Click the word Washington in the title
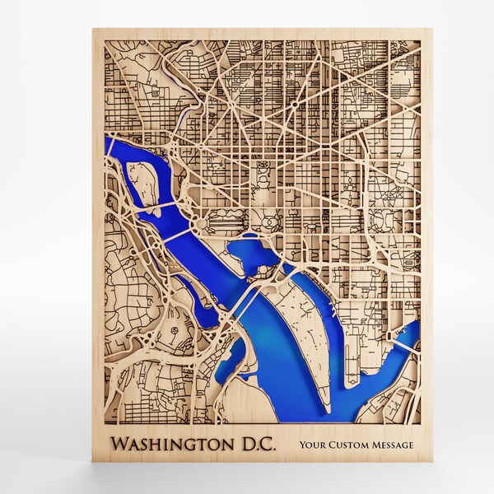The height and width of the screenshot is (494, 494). tap(172, 445)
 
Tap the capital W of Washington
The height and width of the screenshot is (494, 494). tap(120, 445)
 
